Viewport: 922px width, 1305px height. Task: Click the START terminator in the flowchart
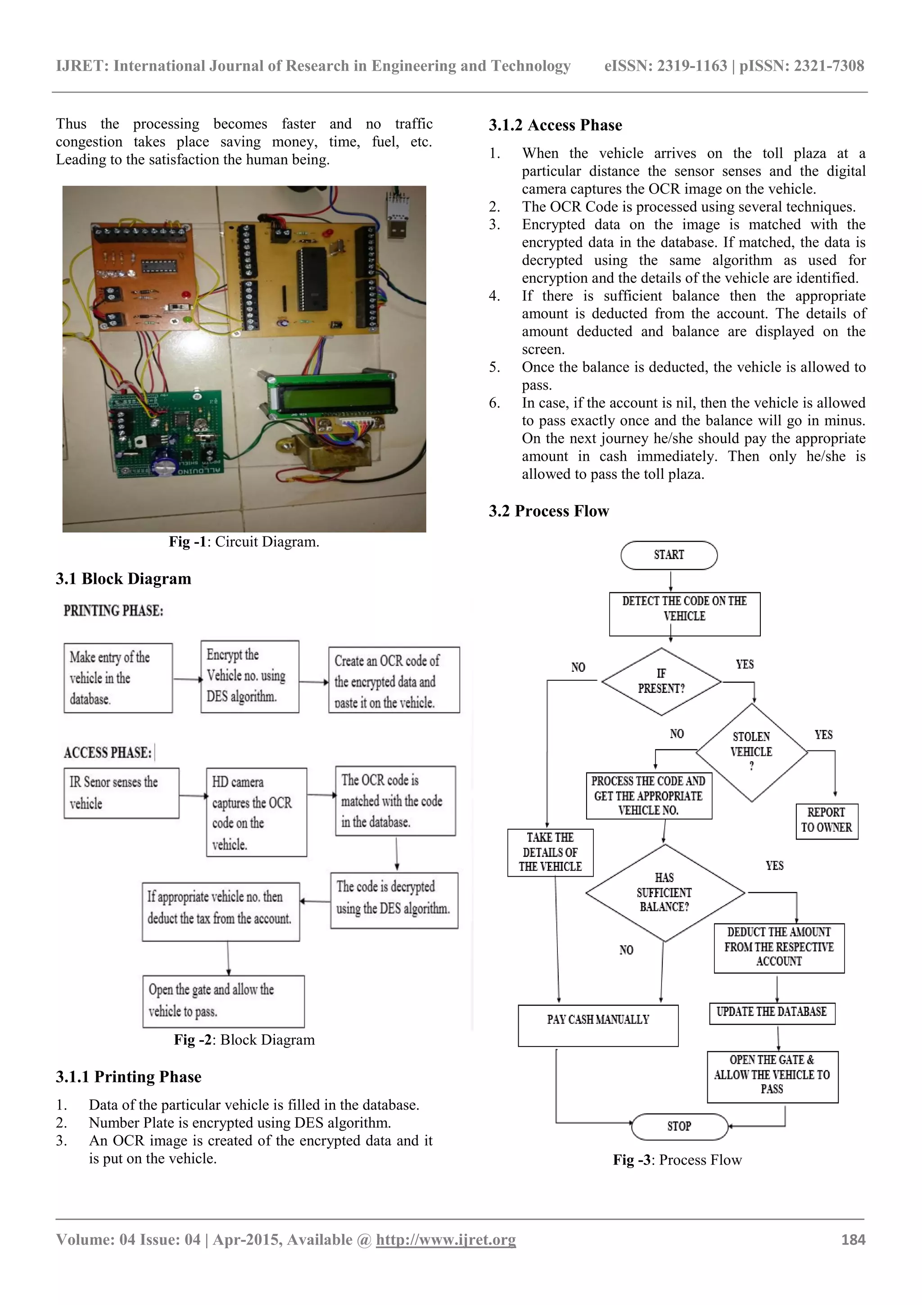669,555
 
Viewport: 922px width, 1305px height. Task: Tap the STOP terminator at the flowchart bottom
679,1126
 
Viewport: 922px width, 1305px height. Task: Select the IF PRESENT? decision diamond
661,681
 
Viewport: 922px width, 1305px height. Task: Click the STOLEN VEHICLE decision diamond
751,751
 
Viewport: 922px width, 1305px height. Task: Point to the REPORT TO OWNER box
826,820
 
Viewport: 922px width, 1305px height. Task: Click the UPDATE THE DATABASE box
772,1012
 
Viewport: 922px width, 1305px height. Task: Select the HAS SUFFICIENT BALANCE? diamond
664,892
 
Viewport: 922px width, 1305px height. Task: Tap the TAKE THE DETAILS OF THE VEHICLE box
550,852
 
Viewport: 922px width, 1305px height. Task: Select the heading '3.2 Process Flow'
549,511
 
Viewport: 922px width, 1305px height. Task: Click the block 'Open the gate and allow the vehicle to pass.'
223,1001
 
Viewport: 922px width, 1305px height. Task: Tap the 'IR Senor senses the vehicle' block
121,792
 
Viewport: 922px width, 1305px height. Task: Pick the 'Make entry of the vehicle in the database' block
118,678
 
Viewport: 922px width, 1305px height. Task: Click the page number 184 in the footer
853,1240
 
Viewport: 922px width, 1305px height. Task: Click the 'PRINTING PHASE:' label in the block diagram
113,610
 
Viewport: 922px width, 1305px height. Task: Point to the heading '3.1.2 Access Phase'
555,125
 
